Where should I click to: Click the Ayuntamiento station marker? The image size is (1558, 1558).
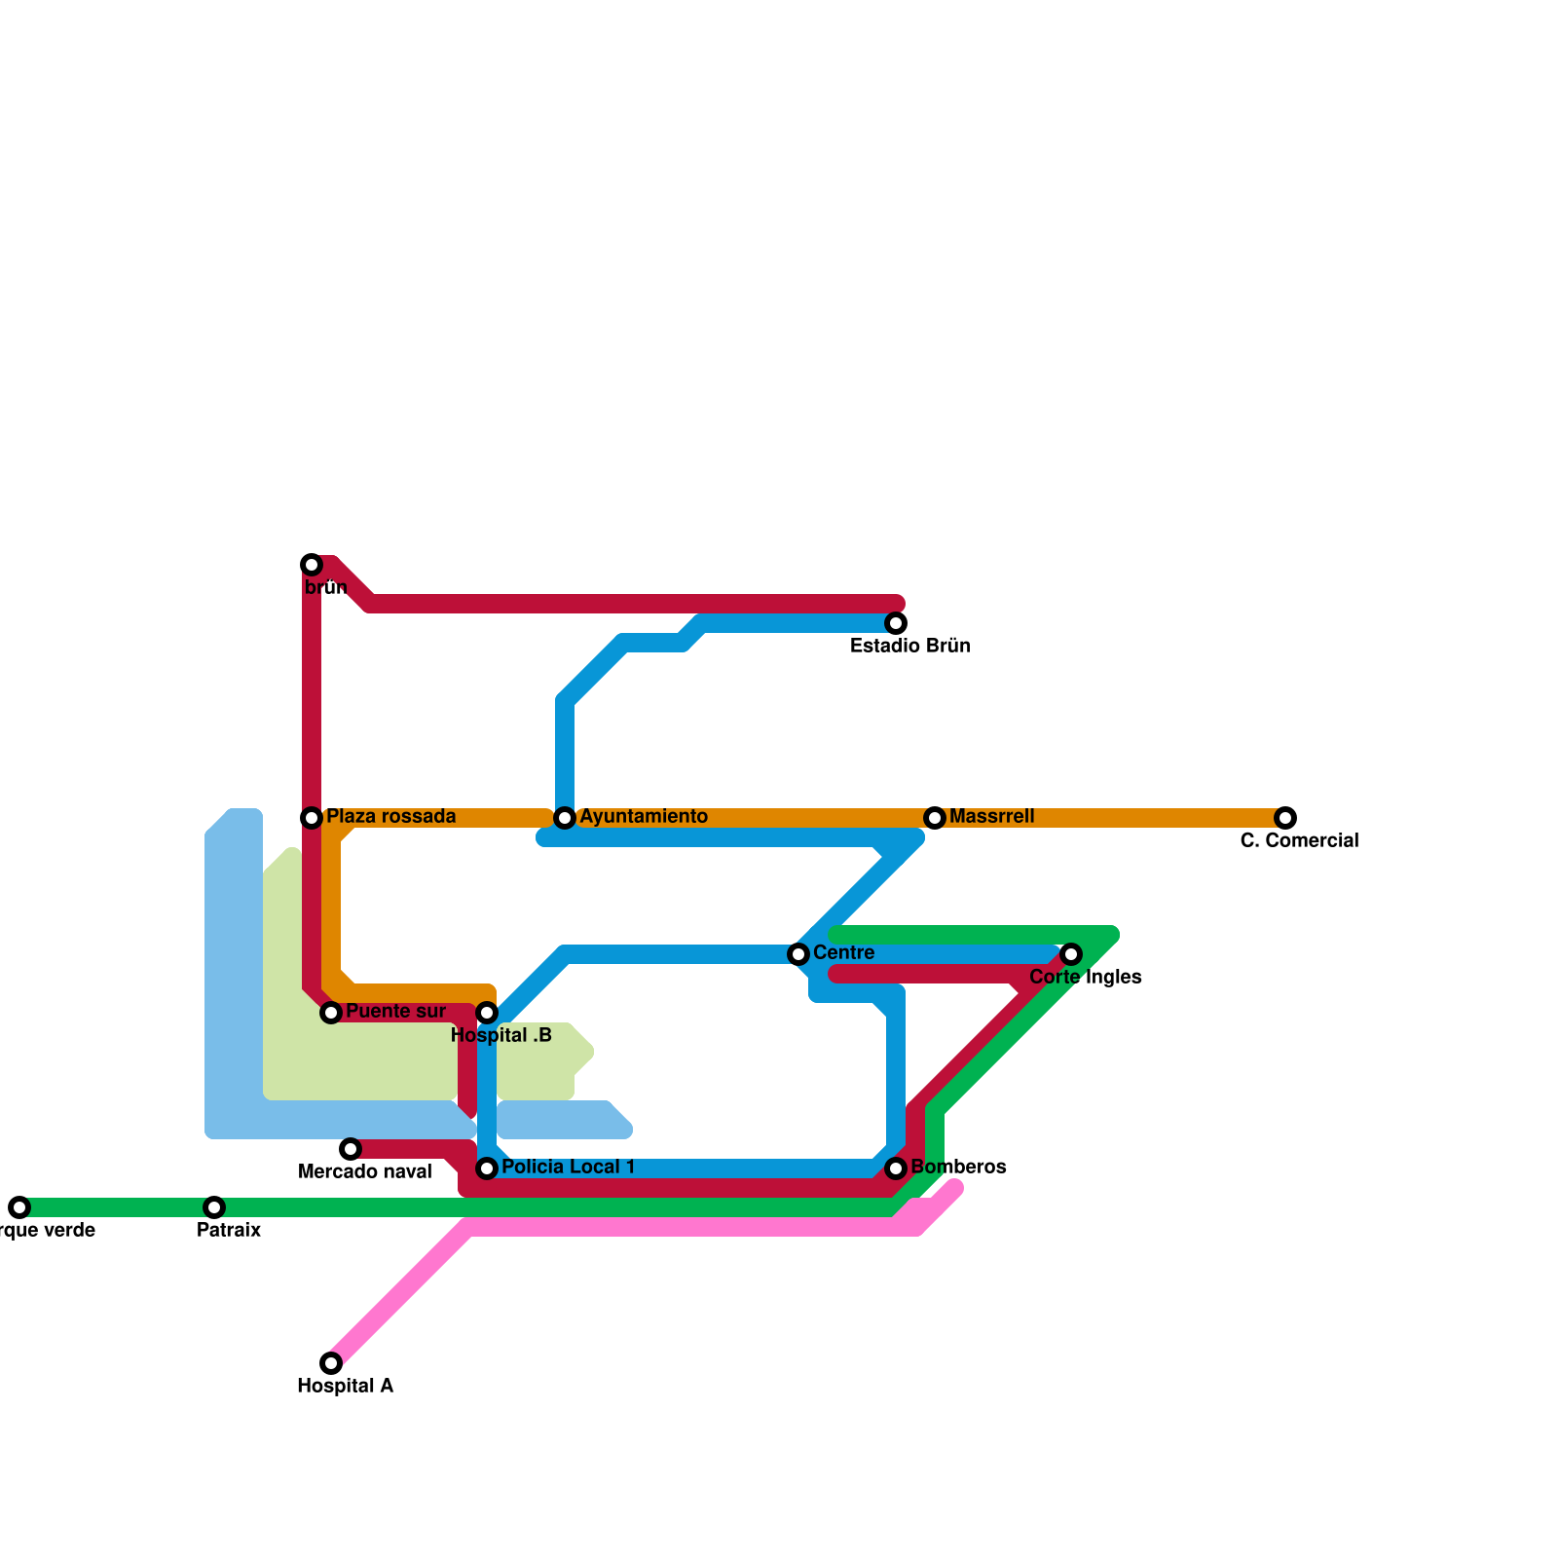[565, 818]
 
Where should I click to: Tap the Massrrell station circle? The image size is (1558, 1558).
[935, 818]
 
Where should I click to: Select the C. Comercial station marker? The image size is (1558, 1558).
[1285, 818]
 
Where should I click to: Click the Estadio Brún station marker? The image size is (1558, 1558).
[896, 623]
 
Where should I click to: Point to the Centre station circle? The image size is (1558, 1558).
[798, 954]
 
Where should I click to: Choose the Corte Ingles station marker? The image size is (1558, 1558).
[1071, 954]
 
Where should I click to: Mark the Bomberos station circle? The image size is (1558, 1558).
[896, 1168]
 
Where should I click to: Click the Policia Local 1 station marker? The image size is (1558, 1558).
[487, 1168]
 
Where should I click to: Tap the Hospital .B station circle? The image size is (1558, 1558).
[487, 1014]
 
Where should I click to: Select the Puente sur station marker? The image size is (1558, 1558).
[331, 1014]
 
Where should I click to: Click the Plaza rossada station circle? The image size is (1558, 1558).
[312, 818]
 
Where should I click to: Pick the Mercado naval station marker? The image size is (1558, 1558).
[351, 1149]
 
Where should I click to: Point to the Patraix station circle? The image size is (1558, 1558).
[214, 1207]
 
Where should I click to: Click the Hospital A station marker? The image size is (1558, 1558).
[331, 1363]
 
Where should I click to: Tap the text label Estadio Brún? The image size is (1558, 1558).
[909, 647]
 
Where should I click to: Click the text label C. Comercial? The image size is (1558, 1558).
[1299, 841]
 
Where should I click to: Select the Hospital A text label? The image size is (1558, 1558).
[345, 1387]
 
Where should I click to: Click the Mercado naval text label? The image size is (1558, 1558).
[364, 1172]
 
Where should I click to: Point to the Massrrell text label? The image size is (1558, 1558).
[991, 817]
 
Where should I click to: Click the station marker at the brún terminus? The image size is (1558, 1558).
[312, 565]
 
